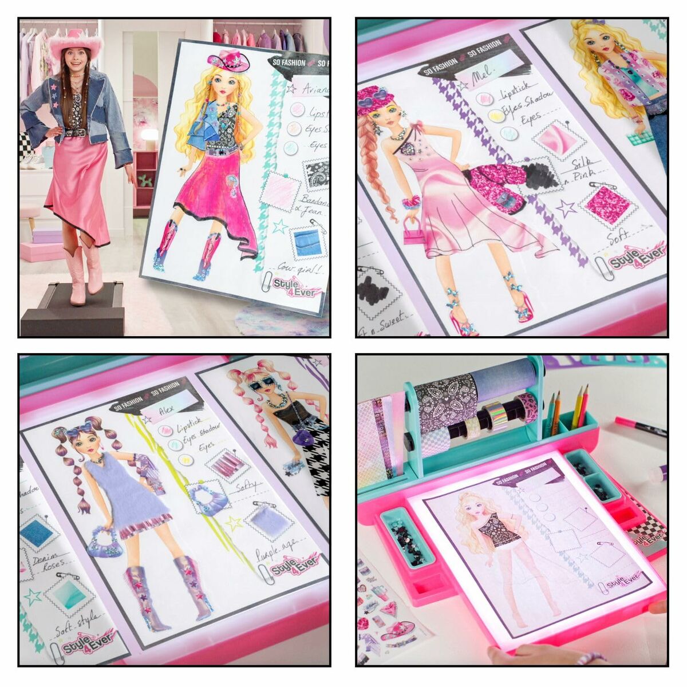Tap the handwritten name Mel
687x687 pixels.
(x=480, y=75)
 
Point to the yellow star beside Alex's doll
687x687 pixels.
(x=234, y=523)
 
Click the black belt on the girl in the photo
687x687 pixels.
(x=76, y=133)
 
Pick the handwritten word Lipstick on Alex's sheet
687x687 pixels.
(x=194, y=428)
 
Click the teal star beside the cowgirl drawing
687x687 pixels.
(x=280, y=226)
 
